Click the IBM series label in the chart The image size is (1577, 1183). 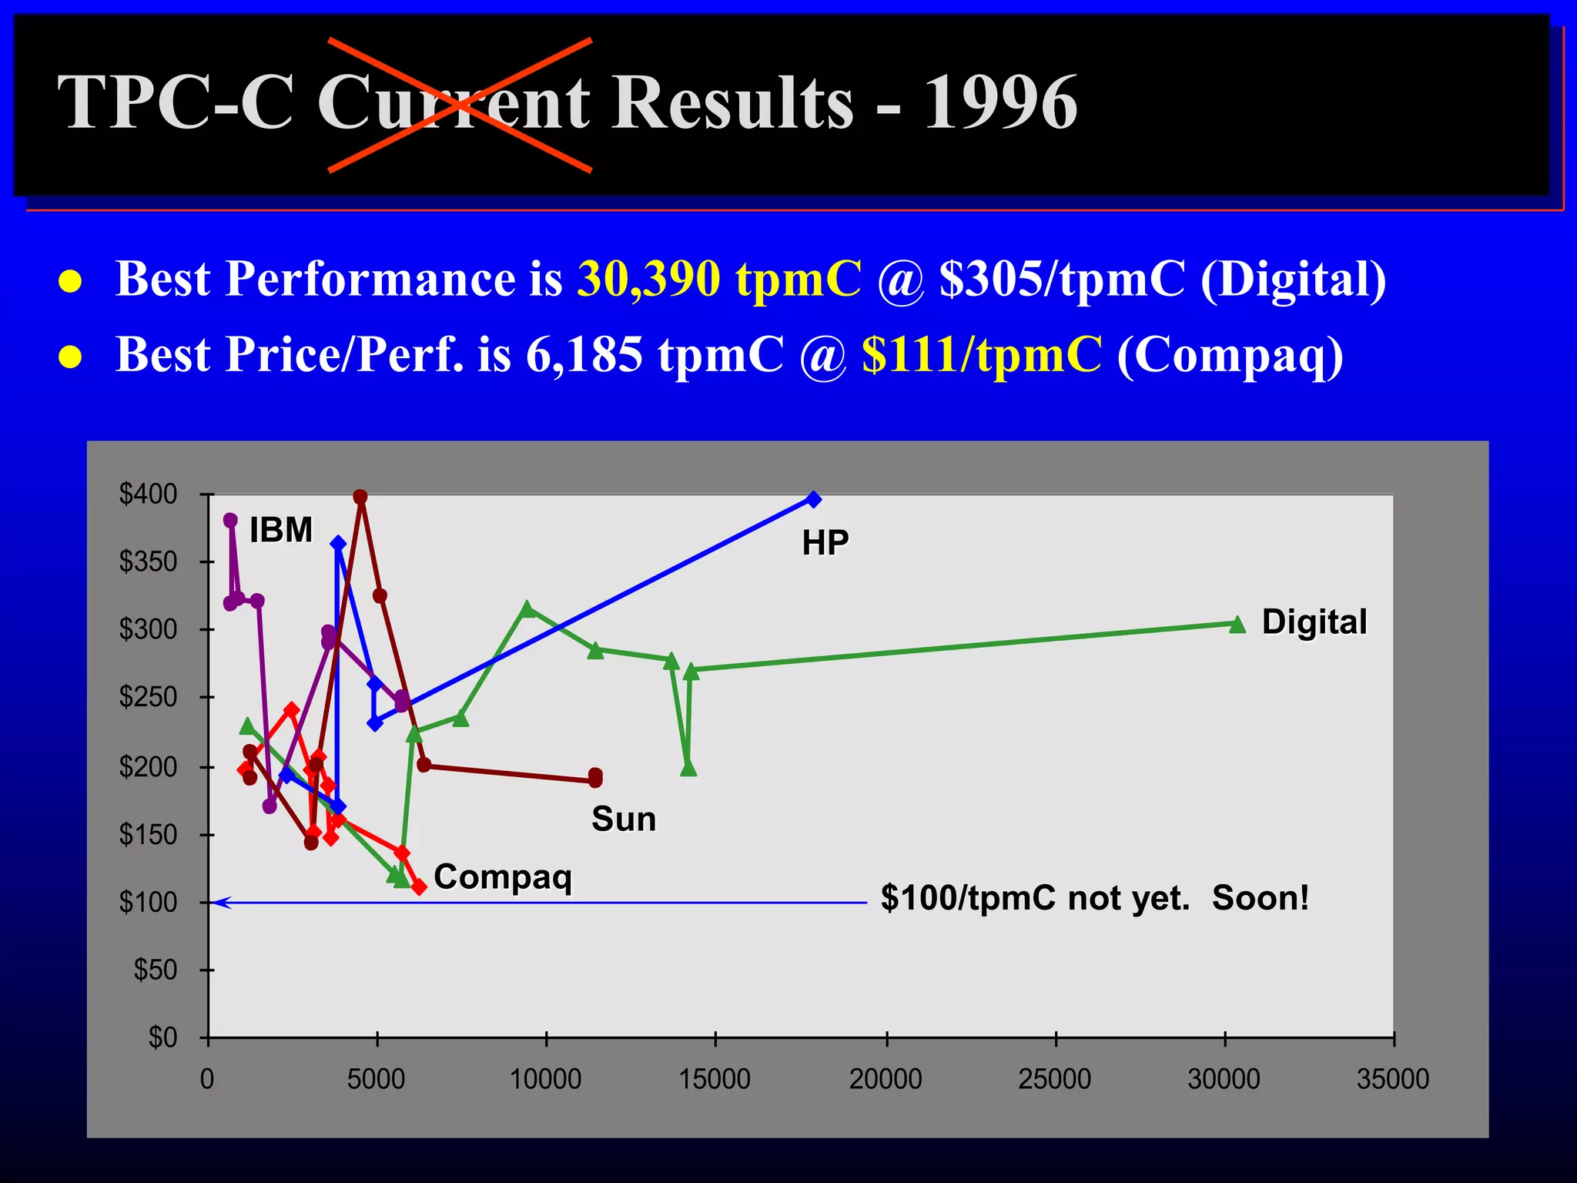coord(281,531)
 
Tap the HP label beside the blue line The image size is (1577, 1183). coord(825,543)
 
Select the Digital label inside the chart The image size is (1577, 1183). coord(1314,622)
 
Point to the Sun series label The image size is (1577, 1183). coord(624,819)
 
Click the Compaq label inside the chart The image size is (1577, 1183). coord(503,877)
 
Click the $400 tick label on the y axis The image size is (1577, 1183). coord(148,494)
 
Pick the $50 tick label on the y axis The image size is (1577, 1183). coord(156,970)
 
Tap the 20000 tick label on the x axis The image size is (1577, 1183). coord(886,1080)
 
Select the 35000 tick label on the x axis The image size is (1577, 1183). coord(1392,1080)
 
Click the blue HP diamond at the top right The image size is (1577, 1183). coord(813,499)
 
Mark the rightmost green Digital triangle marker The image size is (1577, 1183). coord(1237,625)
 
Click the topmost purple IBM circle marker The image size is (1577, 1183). coord(230,521)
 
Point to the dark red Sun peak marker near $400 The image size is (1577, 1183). coord(360,497)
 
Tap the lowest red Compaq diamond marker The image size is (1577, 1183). coord(419,887)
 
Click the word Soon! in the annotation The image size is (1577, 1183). coord(1261,898)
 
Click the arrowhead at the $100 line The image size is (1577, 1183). coord(221,903)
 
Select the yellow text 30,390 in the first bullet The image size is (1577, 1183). coord(648,278)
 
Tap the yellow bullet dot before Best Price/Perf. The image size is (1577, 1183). coord(70,357)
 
